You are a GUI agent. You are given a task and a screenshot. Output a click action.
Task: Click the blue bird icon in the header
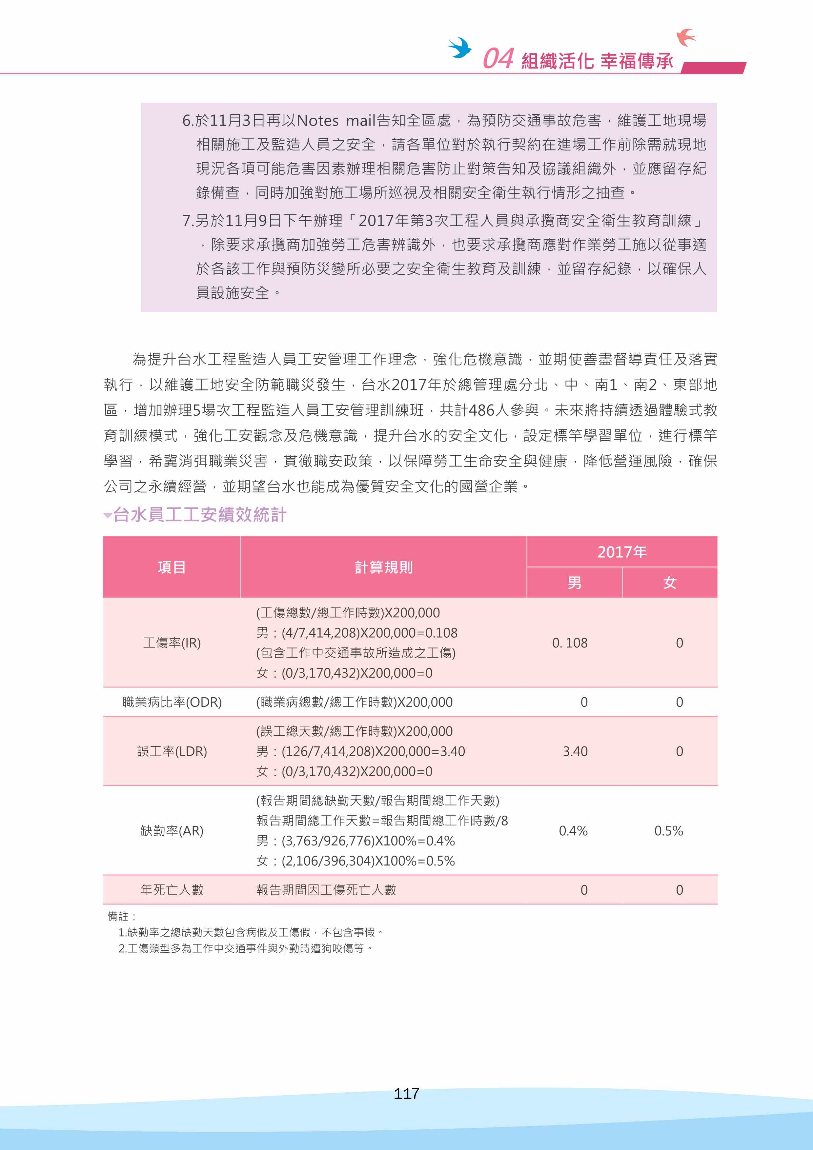click(x=460, y=48)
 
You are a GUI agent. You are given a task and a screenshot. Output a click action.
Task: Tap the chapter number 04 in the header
click(x=498, y=59)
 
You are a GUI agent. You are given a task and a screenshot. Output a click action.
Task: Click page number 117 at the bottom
click(x=406, y=1093)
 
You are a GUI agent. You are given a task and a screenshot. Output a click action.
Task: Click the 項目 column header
click(x=172, y=567)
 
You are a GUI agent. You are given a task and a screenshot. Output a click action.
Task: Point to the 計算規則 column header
click(x=384, y=567)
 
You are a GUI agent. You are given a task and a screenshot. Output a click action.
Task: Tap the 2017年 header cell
click(x=622, y=552)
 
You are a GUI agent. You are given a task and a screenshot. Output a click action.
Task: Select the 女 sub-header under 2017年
click(x=669, y=583)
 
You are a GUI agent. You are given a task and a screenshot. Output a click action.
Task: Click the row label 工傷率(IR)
click(x=172, y=643)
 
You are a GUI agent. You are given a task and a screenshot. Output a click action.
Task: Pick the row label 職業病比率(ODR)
click(x=172, y=702)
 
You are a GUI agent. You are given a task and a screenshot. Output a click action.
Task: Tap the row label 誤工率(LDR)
click(x=172, y=751)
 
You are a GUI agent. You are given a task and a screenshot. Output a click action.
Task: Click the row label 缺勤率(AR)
click(x=172, y=830)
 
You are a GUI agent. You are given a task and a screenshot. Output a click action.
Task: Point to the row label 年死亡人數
click(x=172, y=890)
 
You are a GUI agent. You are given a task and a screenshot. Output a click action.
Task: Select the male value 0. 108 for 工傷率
click(x=570, y=643)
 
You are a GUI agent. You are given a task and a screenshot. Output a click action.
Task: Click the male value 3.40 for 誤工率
click(x=575, y=751)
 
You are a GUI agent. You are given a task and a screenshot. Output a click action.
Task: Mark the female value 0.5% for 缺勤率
click(x=668, y=830)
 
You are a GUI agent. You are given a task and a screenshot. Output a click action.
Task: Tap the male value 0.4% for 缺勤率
click(x=573, y=830)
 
